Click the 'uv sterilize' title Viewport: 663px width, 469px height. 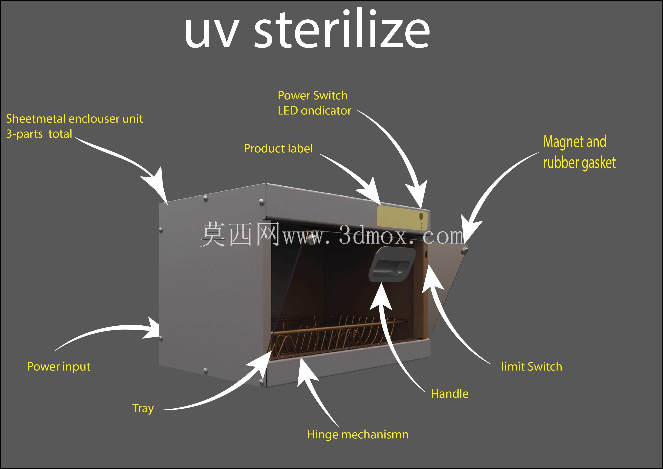click(x=307, y=29)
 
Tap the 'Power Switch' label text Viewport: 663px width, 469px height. click(x=313, y=95)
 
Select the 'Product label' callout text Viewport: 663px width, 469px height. click(x=278, y=148)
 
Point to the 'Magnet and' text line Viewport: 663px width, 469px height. click(x=575, y=141)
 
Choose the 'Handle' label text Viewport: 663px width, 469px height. click(x=450, y=394)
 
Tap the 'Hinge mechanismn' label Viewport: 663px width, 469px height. click(x=358, y=434)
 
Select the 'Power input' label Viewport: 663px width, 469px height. click(x=59, y=367)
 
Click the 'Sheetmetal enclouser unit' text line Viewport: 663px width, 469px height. click(x=75, y=119)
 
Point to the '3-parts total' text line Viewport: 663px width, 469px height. click(x=39, y=134)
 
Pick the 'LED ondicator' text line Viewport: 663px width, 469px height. click(x=314, y=111)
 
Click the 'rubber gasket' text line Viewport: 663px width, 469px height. click(x=579, y=163)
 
